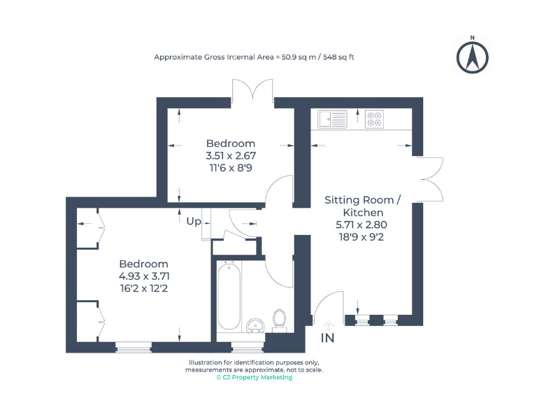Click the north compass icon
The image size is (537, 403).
coord(473,57)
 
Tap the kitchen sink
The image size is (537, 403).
coord(332,120)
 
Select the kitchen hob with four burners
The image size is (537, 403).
coord(374,120)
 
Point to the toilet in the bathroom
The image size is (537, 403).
coord(279,320)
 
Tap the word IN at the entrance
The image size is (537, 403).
coord(327,339)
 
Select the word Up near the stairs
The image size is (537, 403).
coord(193,221)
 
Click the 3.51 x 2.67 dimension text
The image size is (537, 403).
coord(230,157)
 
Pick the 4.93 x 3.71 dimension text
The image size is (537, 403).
coord(143,276)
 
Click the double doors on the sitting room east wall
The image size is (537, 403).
coord(431,178)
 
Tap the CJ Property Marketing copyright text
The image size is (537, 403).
coord(254,378)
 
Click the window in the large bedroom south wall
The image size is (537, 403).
coord(133,345)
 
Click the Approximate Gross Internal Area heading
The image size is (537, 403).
coord(254,57)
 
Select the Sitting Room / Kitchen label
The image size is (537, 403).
coord(362,206)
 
